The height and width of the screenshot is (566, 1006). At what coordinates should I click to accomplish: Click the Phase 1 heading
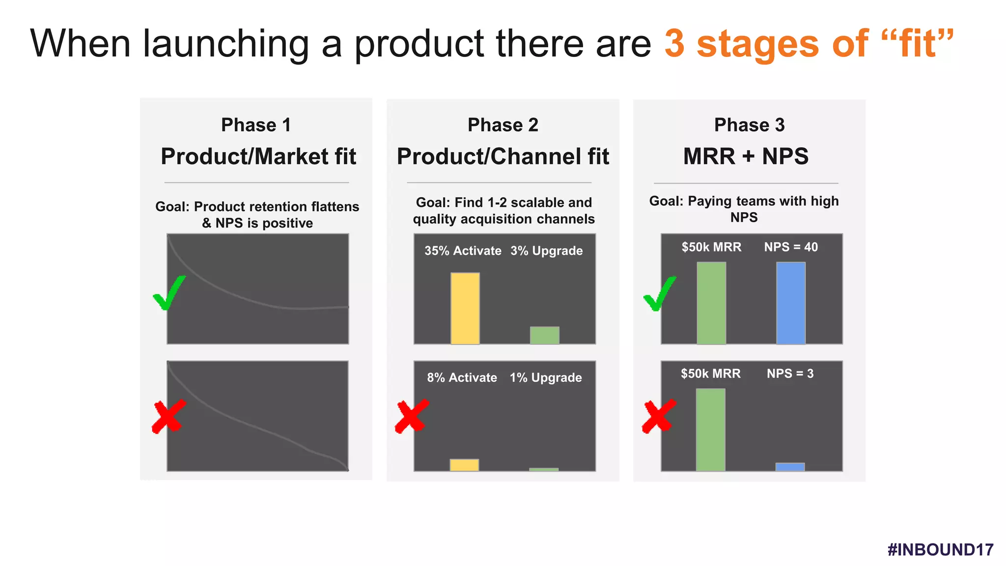click(x=256, y=125)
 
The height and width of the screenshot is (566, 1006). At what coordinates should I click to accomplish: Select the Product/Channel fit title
click(x=503, y=157)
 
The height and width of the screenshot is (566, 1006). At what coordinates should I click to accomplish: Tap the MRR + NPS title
click(x=746, y=157)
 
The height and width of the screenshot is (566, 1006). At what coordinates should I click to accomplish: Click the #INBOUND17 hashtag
click(x=940, y=549)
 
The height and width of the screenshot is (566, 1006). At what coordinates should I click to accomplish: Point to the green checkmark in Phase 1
click(x=168, y=294)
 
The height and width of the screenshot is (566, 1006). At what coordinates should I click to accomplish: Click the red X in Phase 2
click(x=412, y=417)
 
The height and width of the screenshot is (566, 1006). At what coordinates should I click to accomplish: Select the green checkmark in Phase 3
click(x=659, y=294)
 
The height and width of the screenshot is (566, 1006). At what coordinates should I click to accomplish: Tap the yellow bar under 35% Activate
click(x=465, y=308)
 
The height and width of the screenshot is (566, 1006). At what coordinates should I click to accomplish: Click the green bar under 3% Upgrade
click(x=544, y=335)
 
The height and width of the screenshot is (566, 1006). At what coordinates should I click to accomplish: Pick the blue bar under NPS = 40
click(x=790, y=303)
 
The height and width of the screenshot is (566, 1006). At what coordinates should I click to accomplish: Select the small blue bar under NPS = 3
click(x=790, y=467)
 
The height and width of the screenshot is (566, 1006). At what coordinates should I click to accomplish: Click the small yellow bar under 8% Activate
click(x=464, y=465)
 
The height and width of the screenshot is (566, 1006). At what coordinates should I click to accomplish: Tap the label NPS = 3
click(x=790, y=373)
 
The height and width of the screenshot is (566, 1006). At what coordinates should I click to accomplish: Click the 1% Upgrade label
click(x=546, y=377)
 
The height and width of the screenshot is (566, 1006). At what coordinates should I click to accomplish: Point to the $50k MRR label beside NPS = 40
click(x=711, y=247)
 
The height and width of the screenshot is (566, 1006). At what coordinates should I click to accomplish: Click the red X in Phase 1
click(x=168, y=417)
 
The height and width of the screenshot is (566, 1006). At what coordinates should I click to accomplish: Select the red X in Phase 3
click(x=659, y=417)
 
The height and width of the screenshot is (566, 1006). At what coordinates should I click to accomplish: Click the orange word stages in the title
click(x=757, y=44)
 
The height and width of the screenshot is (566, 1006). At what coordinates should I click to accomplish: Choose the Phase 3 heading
click(x=749, y=125)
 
